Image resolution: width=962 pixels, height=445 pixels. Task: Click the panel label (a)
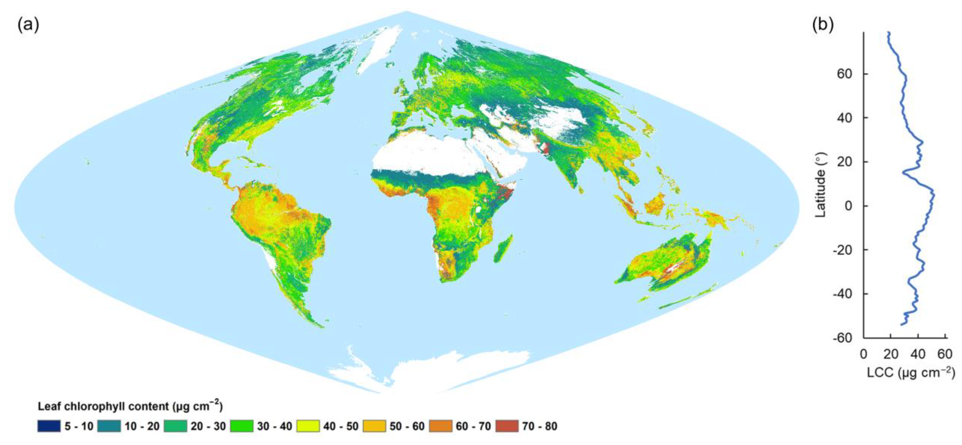coord(28,25)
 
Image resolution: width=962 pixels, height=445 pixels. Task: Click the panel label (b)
coord(823,25)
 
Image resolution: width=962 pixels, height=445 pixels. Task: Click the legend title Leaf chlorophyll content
coord(130,406)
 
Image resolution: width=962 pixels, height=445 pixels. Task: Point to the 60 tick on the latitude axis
coord(845,74)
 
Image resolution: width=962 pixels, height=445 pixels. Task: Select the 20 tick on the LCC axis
coord(891,353)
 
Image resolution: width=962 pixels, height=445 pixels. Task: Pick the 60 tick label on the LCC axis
coord(945,353)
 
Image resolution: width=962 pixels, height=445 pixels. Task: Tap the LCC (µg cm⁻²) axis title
coord(910,373)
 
